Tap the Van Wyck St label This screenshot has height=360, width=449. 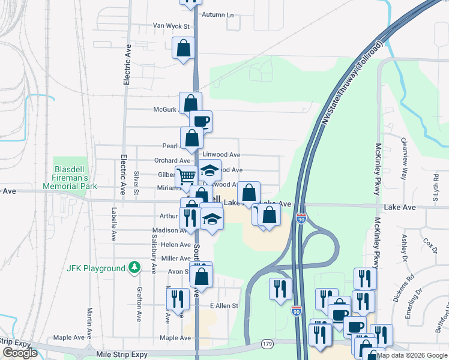pyautogui.click(x=171, y=26)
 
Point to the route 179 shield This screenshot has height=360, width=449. pyautogui.click(x=268, y=344)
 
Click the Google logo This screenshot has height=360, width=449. pyautogui.click(x=20, y=353)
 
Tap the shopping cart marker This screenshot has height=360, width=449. pyautogui.click(x=187, y=176)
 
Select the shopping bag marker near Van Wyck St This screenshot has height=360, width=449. pyautogui.click(x=183, y=48)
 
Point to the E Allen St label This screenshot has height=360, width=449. pyautogui.click(x=224, y=306)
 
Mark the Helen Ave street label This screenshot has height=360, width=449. pyautogui.click(x=176, y=244)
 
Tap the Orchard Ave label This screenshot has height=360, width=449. pyautogui.click(x=172, y=161)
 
